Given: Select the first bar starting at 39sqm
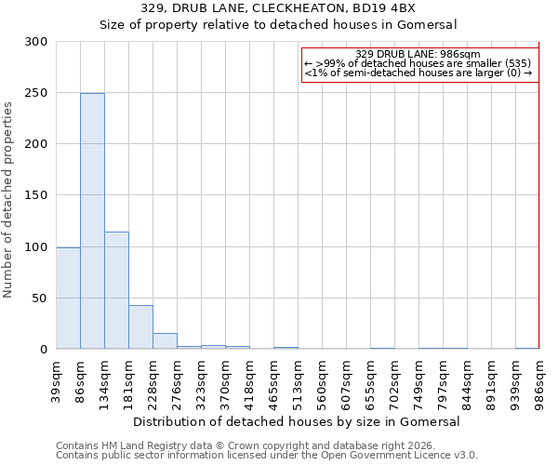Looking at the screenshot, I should coord(68,298).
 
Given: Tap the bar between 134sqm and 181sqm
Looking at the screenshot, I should coord(116,290).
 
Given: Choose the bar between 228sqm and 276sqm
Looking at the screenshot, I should coord(165,341).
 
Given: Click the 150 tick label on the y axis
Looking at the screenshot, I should coord(37,195).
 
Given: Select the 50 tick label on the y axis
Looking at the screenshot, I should coord(41,299).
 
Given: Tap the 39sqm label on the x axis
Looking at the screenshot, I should coord(57,379).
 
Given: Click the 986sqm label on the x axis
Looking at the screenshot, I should coord(539,379).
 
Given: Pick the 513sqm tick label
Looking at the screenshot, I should coord(298,379).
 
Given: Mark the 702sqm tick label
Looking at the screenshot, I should coord(394,379).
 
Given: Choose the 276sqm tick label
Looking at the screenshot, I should coord(177,379).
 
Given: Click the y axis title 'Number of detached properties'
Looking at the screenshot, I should coord(9,200).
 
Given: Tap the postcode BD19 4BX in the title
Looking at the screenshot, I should coord(376,8).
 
